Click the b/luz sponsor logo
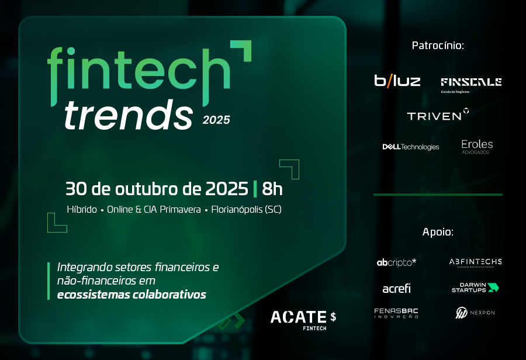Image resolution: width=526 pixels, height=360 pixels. pos(397,81)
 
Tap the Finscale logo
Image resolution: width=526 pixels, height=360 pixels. pos(471,85)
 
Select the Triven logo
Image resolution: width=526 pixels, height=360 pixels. pos(438,115)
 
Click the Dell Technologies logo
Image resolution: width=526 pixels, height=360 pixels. pos(411,147)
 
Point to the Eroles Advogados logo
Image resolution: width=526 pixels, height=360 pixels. pos(477,147)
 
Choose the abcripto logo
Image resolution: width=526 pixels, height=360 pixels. pos(396,262)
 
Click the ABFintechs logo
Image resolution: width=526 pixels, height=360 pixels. pos(475,263)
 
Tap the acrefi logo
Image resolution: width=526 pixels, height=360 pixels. pos(396,288)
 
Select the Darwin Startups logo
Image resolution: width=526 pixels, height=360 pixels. pos(475,288)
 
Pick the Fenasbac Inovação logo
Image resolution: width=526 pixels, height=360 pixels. pos(396,313)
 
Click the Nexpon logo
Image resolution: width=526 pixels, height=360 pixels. pos(475,313)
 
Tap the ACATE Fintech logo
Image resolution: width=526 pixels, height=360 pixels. pos(303,320)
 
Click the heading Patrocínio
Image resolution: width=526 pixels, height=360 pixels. pos(438,46)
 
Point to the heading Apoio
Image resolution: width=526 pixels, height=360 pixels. pos(438,232)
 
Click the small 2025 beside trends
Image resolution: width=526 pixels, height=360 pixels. pos(216,120)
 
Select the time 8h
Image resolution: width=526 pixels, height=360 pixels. pos(272,189)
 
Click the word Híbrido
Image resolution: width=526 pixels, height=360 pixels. pos(82,209)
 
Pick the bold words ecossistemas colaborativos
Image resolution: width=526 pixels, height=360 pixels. pos(131,295)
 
